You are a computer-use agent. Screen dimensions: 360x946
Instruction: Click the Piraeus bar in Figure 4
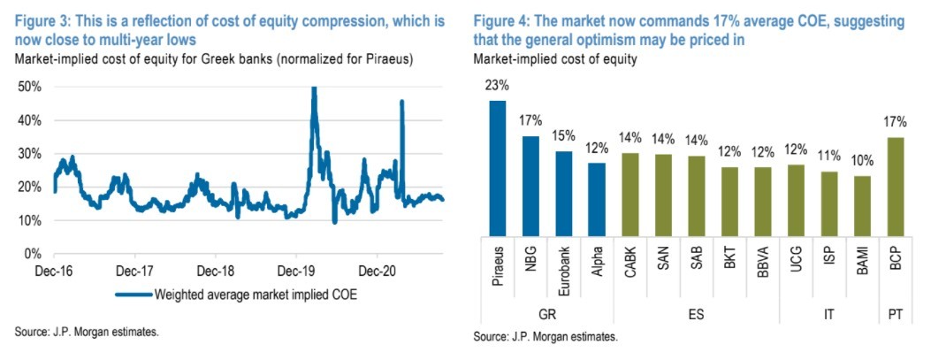coord(498,168)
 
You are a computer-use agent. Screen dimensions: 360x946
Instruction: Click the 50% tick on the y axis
coord(31,87)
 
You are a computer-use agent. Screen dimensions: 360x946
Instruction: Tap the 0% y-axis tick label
coord(35,255)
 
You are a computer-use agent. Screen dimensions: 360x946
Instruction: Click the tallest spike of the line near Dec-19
coord(314,89)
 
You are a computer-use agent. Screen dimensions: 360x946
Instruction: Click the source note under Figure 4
coord(545,337)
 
